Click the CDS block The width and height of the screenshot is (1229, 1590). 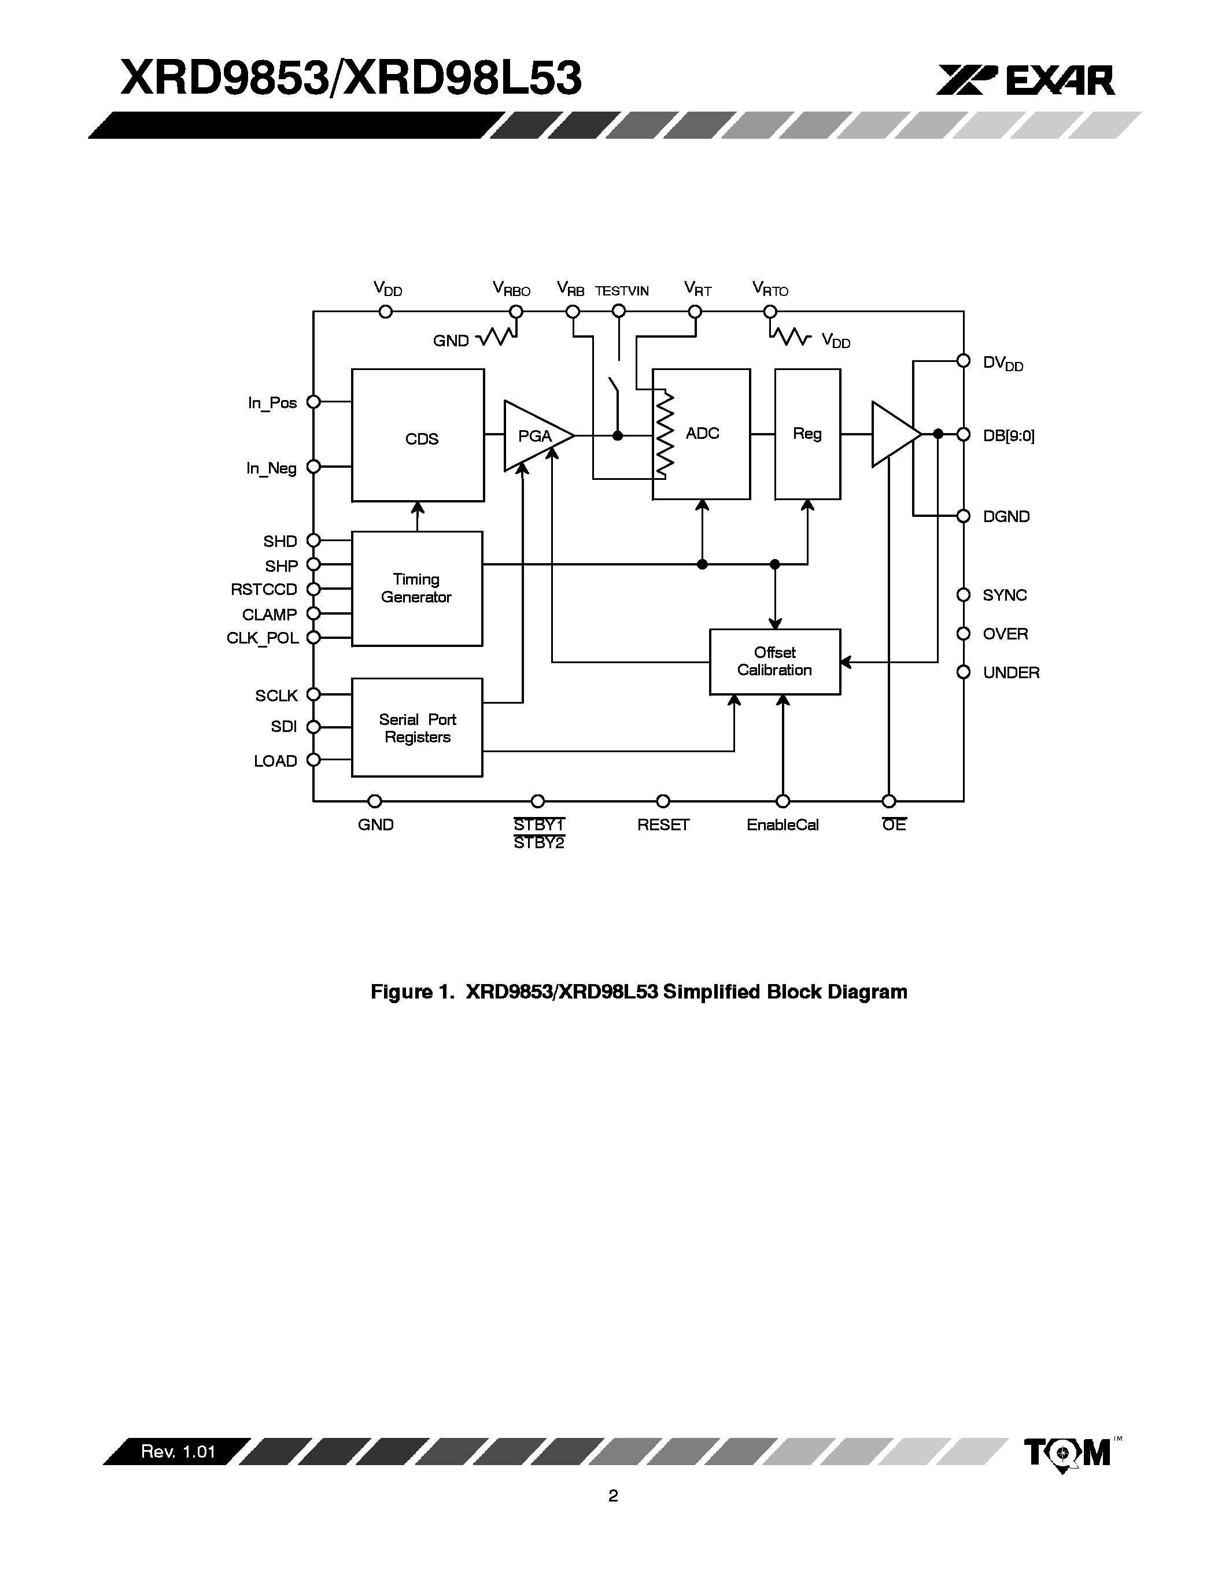point(418,435)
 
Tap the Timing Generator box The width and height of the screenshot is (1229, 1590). point(416,588)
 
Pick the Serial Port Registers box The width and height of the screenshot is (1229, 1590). point(416,727)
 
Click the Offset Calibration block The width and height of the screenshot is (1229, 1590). point(774,661)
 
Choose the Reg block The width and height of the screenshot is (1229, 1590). point(807,434)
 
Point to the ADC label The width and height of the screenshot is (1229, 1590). point(703,433)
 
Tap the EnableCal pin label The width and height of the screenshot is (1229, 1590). point(783,825)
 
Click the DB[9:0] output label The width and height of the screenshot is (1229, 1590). point(1009,435)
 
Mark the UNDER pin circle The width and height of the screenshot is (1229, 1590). point(964,671)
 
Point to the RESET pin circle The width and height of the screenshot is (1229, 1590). point(663,801)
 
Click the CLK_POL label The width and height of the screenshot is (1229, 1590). point(263,638)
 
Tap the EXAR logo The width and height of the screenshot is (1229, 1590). point(1025,80)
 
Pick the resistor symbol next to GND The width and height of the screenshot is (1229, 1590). point(497,337)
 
